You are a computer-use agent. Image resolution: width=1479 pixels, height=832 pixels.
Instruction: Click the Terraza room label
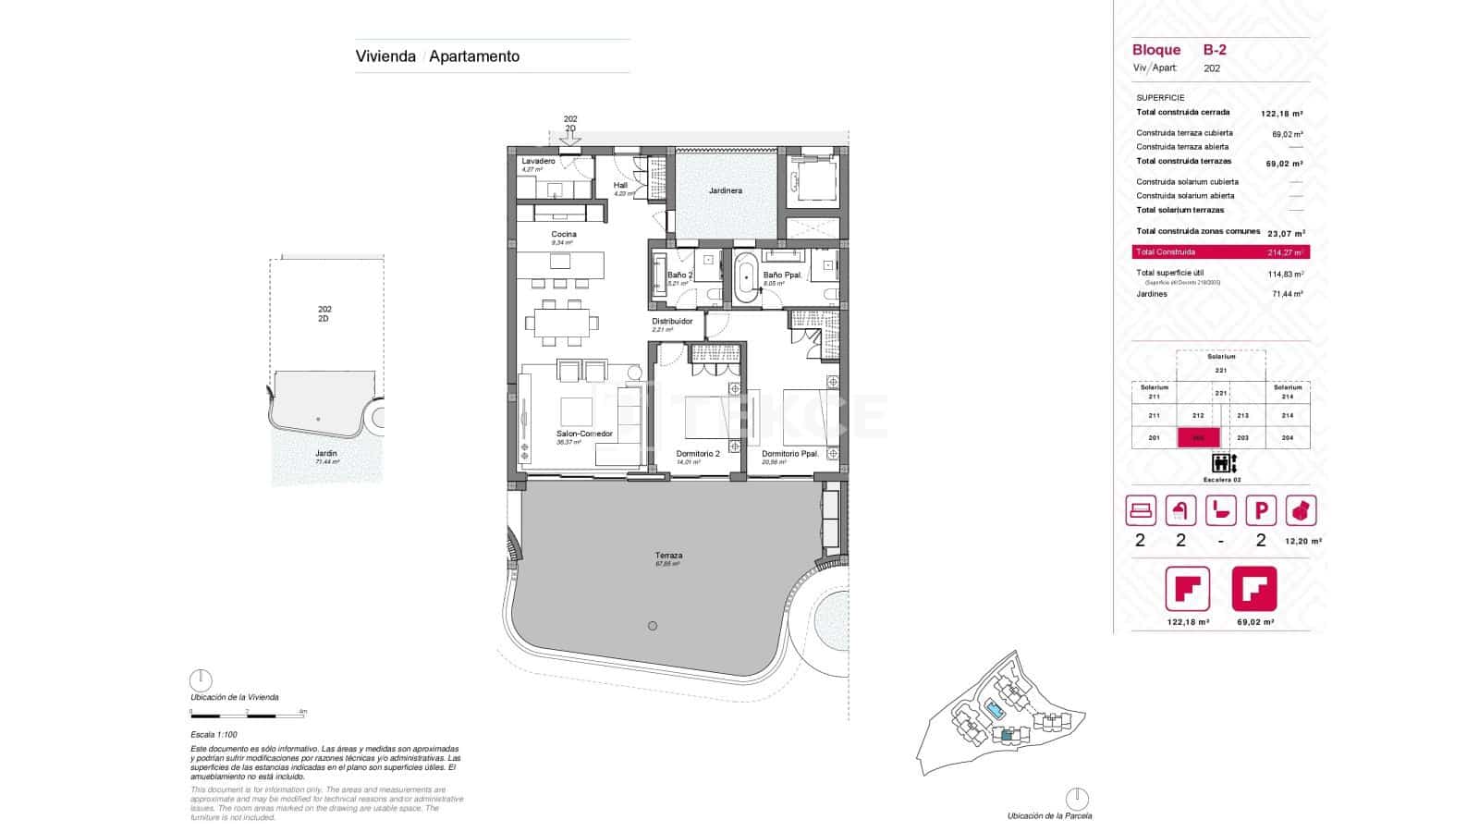[x=668, y=556]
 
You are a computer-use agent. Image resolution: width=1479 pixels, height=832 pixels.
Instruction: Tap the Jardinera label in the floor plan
[x=725, y=191]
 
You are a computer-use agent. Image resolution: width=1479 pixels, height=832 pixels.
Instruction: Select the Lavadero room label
[x=538, y=161]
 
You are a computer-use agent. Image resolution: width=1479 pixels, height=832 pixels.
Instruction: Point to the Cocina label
[x=564, y=235]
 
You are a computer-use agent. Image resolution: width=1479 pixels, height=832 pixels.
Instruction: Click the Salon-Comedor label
[x=583, y=434]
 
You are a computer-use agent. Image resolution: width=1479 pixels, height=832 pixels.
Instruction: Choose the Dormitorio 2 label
[x=698, y=454]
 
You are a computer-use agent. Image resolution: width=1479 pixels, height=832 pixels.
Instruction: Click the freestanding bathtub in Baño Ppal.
[x=747, y=276]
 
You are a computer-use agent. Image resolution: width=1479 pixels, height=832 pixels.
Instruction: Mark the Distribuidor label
[x=672, y=322]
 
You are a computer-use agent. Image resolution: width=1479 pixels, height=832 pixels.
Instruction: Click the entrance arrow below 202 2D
[x=570, y=139]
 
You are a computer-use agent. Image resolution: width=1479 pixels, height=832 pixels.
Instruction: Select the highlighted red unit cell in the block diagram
[x=1198, y=438]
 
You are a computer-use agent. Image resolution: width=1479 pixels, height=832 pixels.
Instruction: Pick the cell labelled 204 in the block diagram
[x=1288, y=438]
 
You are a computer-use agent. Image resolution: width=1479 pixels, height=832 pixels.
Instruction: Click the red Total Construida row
[x=1220, y=251]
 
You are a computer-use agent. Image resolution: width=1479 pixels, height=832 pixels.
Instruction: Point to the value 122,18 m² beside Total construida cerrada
[x=1281, y=114]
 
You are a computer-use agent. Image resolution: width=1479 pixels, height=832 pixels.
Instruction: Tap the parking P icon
[x=1261, y=510]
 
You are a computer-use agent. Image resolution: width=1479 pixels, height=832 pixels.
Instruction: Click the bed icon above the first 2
[x=1141, y=510]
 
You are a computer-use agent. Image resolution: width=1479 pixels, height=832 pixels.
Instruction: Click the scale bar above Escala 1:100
[x=248, y=713]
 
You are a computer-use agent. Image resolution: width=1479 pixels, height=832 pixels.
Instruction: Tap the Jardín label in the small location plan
[x=325, y=454]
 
